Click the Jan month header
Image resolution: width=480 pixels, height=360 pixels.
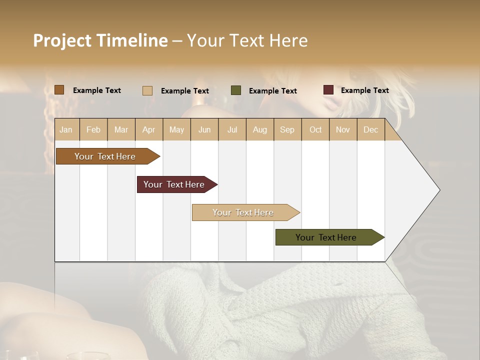66,129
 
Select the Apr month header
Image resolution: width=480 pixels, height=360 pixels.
148,129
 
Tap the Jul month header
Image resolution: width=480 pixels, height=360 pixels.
232,129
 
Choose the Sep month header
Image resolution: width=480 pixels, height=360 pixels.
287,129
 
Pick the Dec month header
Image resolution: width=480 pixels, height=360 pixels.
370,129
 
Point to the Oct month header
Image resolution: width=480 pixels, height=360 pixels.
315,129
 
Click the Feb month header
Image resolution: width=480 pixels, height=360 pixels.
93,129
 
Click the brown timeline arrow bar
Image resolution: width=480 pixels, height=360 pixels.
105,156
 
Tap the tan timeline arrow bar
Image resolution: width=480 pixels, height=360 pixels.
243,212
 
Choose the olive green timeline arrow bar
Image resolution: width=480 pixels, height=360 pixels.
326,237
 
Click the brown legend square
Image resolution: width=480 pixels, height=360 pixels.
59,90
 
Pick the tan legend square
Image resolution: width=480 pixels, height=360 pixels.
147,90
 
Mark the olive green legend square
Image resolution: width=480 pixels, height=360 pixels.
236,90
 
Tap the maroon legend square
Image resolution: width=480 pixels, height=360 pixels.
328,90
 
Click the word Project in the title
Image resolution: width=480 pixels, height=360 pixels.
61,40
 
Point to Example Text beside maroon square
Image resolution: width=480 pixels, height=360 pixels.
364,90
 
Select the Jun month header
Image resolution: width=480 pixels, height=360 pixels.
204,129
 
